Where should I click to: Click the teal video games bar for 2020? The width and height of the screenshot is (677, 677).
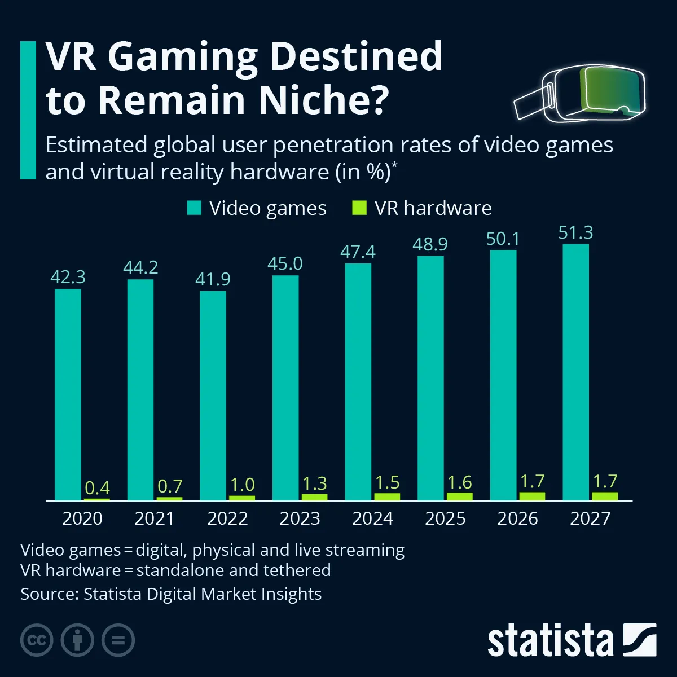click(68, 395)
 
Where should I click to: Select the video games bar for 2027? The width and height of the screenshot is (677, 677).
click(575, 372)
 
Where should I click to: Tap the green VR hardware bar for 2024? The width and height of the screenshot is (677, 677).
click(387, 496)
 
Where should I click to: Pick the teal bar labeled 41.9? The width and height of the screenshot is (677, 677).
click(213, 395)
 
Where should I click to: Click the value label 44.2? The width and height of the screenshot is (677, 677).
click(140, 267)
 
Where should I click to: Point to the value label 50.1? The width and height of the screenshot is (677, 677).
click(503, 239)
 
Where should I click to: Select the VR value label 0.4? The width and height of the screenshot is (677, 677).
click(97, 487)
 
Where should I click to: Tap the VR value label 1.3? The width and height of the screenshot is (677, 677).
click(315, 483)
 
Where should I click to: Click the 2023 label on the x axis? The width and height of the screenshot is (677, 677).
click(300, 518)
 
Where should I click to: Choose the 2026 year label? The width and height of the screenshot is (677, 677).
click(517, 518)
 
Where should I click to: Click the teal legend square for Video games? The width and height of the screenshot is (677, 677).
click(194, 208)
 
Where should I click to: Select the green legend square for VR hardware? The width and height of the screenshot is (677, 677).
click(359, 208)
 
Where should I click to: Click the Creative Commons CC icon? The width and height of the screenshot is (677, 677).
click(37, 640)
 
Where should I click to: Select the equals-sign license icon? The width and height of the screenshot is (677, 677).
click(118, 640)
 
